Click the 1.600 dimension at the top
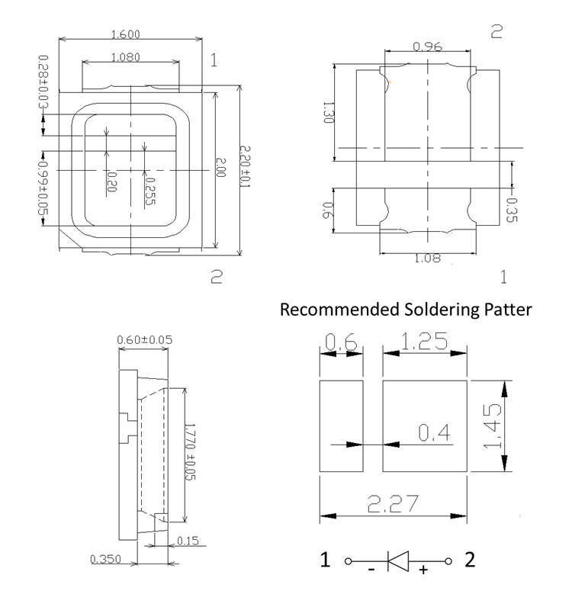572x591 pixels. point(126,34)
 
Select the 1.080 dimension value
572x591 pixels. point(126,57)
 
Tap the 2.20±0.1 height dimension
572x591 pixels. point(245,166)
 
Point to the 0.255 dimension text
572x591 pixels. point(149,191)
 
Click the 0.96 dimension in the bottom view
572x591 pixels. point(427,47)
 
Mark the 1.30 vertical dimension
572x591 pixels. point(329,112)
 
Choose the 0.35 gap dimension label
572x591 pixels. point(511,210)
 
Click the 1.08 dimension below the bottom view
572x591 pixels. point(427,259)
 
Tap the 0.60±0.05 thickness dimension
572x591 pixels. point(144,339)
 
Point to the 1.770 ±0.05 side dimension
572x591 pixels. point(190,452)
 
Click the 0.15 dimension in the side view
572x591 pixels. point(188,541)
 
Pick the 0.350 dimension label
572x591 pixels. point(105,559)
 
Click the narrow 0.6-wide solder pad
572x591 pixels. point(341,426)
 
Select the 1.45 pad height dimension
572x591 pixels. point(493,426)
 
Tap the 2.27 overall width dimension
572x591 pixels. point(393,503)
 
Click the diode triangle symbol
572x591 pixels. point(398,561)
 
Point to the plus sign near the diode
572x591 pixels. point(423,569)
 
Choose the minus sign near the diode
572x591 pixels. point(371,569)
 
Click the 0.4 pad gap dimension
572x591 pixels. point(434,432)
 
